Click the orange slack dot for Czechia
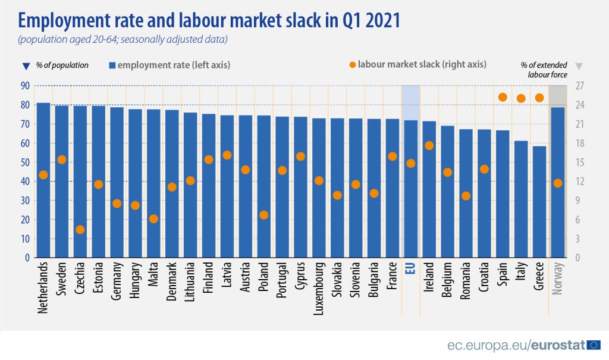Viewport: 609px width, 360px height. tap(80, 230)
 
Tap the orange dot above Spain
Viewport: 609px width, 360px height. tap(503, 97)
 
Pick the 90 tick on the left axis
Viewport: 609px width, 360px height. tap(25, 86)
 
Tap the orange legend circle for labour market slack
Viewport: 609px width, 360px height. tap(352, 64)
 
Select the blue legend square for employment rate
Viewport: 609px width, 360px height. tap(112, 65)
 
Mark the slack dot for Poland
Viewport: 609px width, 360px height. tap(264, 215)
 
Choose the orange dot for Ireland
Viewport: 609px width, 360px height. tap(429, 145)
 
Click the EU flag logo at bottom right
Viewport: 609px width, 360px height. tap(593, 345)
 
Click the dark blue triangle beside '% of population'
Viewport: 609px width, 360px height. tap(24, 65)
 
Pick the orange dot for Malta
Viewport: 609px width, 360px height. tap(153, 218)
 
